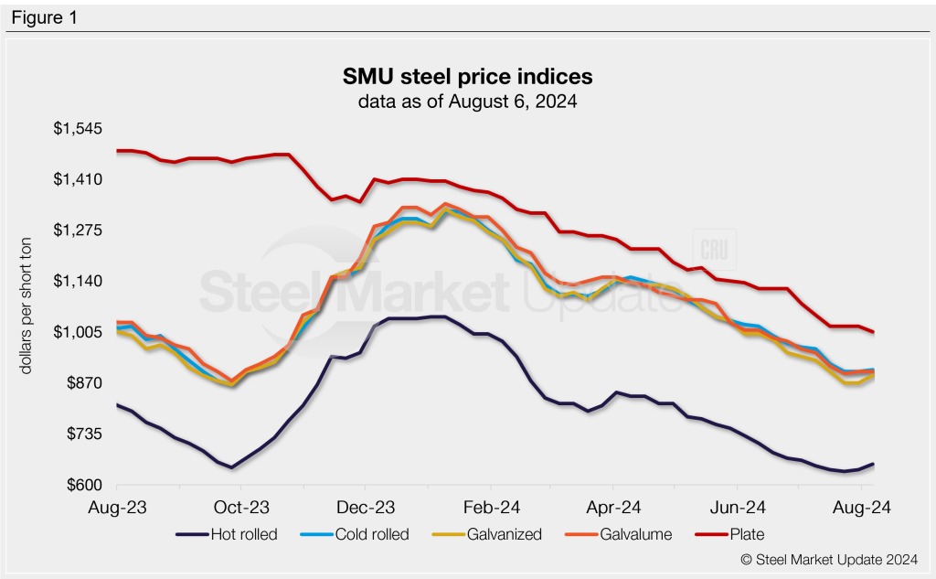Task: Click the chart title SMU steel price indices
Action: pos(468,75)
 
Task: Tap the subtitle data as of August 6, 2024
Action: pos(468,102)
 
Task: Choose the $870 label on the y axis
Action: pos(82,383)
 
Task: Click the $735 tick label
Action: pos(82,434)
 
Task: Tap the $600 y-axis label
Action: pos(82,485)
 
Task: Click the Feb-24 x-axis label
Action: pos(492,507)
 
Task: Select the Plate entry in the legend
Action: pos(745,534)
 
